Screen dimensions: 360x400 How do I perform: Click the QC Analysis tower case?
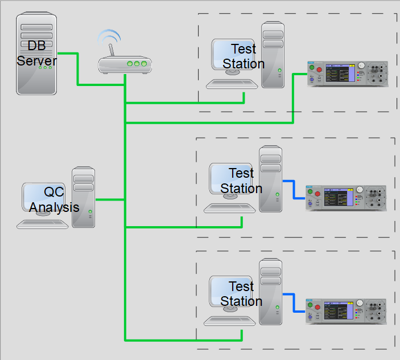pyautogui.click(x=84, y=197)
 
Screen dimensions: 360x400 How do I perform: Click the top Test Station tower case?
pyautogui.click(x=273, y=55)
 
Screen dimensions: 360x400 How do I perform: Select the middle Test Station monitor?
pyautogui.click(x=230, y=179)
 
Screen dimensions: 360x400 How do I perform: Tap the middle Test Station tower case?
pyautogui.click(x=270, y=179)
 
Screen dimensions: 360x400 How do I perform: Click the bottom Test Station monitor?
pyautogui.click(x=230, y=293)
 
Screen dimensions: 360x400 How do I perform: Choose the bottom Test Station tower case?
pyautogui.click(x=270, y=292)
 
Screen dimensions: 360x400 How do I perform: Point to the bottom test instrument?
pyautogui.click(x=345, y=311)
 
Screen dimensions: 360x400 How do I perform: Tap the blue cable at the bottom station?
pyautogui.click(x=294, y=303)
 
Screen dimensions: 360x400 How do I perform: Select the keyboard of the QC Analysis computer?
pyautogui.click(x=43, y=224)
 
